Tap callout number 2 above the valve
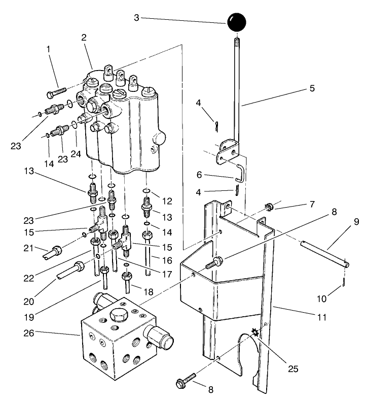point(84,38)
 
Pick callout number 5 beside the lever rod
point(312,88)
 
